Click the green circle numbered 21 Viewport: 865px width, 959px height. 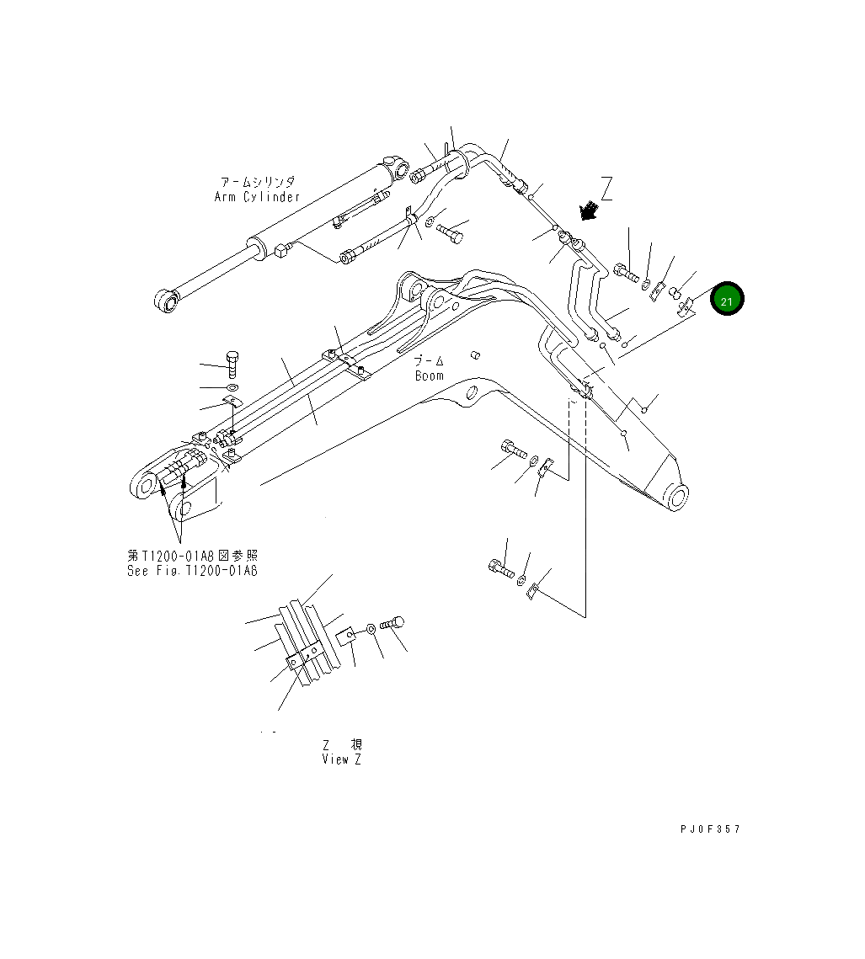pos(726,299)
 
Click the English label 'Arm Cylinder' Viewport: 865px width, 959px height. pos(257,197)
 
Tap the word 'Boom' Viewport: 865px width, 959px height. pos(429,376)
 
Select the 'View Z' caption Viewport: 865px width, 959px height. pos(342,759)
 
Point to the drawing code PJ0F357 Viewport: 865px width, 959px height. pos(710,829)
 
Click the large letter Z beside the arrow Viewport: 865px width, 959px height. pos(607,189)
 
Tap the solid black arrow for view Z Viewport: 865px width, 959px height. pos(588,210)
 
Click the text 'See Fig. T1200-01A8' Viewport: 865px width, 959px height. pos(192,571)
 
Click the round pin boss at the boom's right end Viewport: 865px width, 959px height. pos(674,498)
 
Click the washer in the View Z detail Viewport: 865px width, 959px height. pos(371,630)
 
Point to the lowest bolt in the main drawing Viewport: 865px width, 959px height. pos(501,569)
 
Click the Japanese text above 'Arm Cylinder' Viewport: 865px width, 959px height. pos(257,182)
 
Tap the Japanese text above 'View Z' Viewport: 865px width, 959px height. pos(342,745)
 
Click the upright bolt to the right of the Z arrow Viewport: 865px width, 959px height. pos(626,272)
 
